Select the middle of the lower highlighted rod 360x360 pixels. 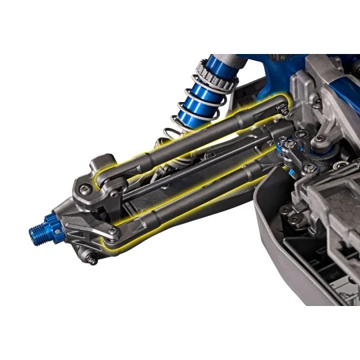coord(200,193)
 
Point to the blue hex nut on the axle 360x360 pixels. coord(51,226)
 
